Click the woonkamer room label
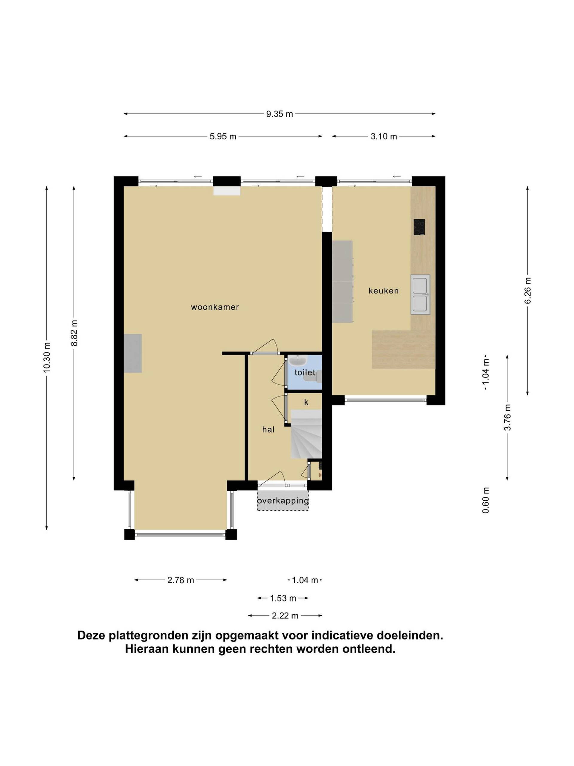[x=215, y=307]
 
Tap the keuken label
[x=383, y=291]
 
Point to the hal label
[x=268, y=429]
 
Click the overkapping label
[x=283, y=501]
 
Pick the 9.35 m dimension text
[x=280, y=114]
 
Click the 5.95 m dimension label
[x=223, y=136]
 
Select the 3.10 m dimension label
[x=384, y=136]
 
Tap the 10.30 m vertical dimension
[x=47, y=357]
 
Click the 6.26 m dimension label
[x=528, y=290]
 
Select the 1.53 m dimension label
[x=283, y=598]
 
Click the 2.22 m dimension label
[x=285, y=616]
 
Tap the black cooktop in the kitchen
[x=419, y=227]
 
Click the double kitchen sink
[x=420, y=294]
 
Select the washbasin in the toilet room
[x=297, y=361]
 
